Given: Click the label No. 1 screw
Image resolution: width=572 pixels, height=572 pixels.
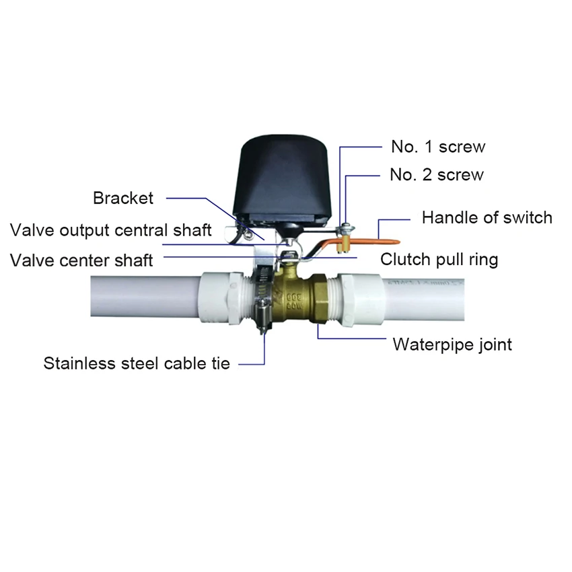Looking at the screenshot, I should [437, 146].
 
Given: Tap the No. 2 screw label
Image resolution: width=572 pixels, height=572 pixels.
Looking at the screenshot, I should [436, 175].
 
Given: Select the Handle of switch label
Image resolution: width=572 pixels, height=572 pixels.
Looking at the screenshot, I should [487, 217].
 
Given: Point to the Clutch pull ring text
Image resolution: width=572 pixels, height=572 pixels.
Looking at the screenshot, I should [439, 259].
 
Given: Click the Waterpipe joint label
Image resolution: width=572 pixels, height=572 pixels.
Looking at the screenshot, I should [452, 345].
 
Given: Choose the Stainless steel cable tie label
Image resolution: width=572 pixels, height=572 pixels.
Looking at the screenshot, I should [137, 363].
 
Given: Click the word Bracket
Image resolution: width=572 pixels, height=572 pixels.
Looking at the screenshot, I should [123, 198].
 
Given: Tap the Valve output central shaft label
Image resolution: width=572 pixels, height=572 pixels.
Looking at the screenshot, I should [111, 229].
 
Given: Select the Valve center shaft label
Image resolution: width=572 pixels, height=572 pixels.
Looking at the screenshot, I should [81, 259].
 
